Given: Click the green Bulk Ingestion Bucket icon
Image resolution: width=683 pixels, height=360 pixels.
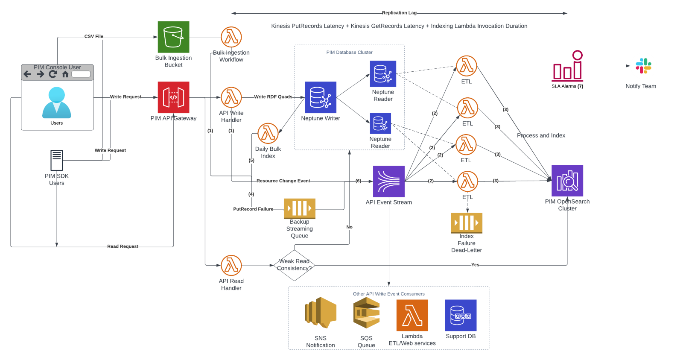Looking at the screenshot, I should (x=173, y=37).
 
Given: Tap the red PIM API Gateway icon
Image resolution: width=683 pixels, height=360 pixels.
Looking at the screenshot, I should (x=173, y=97).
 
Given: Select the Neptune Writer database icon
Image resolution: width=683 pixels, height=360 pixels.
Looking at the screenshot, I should (x=321, y=97).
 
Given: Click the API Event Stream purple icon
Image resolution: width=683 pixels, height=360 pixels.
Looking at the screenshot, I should (x=389, y=181).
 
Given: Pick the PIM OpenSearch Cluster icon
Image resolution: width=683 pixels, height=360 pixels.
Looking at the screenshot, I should (x=567, y=181).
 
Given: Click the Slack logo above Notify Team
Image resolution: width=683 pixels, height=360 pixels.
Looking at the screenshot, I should (x=643, y=66).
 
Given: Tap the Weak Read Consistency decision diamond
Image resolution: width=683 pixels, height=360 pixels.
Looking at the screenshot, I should (x=294, y=265).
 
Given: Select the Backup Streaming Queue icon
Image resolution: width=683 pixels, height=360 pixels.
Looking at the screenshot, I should (x=300, y=208).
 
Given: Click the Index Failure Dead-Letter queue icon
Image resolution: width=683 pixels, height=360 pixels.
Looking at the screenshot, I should (x=467, y=223).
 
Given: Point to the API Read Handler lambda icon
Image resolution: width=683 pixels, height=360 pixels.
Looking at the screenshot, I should (x=231, y=265).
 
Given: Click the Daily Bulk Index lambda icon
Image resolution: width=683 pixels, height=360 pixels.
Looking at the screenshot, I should (x=268, y=133).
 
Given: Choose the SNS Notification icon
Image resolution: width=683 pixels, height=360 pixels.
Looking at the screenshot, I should (x=321, y=313).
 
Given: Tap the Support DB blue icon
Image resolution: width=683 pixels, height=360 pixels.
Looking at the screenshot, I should (x=461, y=315).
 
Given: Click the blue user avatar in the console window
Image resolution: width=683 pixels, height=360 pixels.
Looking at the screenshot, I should (x=57, y=102).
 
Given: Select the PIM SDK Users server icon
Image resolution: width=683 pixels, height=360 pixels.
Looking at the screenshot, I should (x=57, y=161).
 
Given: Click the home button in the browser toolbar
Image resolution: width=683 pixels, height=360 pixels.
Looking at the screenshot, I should (x=65, y=74).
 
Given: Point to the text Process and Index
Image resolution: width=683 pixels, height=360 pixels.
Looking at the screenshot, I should (x=541, y=135).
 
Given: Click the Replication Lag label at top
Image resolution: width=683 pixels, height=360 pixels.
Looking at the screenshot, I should (x=399, y=13).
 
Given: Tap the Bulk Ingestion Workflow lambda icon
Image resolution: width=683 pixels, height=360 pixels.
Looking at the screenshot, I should (x=231, y=37).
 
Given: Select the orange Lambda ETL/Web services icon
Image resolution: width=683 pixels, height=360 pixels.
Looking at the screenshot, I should (x=412, y=315).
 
